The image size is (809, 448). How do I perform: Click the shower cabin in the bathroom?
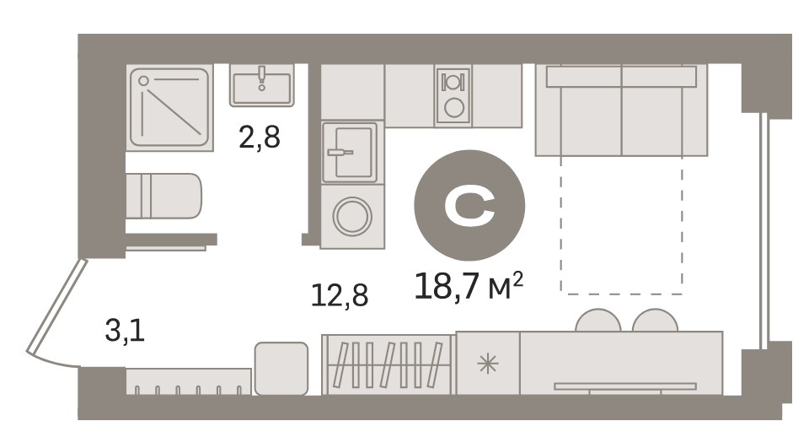(169, 107)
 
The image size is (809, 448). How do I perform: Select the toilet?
(163, 196)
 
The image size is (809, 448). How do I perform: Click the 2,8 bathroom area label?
(260, 138)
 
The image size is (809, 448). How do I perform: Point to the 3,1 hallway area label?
(125, 331)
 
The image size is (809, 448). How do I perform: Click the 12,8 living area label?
(340, 295)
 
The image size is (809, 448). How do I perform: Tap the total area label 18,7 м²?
(469, 286)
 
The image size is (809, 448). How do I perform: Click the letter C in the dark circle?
(469, 205)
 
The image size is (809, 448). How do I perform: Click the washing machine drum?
(352, 216)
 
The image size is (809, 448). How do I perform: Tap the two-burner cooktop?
(453, 95)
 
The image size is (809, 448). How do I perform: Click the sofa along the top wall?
(621, 110)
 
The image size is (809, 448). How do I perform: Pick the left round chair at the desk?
(598, 320)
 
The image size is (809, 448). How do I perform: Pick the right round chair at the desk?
(655, 320)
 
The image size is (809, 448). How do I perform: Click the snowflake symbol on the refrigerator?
(488, 364)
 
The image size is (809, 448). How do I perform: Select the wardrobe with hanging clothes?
(388, 364)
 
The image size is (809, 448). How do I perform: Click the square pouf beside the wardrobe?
(281, 368)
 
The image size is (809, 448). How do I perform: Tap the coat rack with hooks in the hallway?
(189, 382)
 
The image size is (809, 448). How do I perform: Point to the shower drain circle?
(143, 81)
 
